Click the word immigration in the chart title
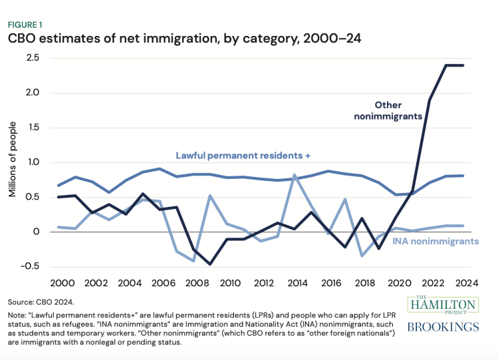click(x=162, y=39)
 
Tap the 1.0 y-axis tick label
click(x=31, y=162)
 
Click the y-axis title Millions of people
click(x=13, y=162)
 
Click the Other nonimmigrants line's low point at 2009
click(x=210, y=264)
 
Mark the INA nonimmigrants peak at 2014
click(x=295, y=175)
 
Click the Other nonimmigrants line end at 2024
click(x=463, y=65)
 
